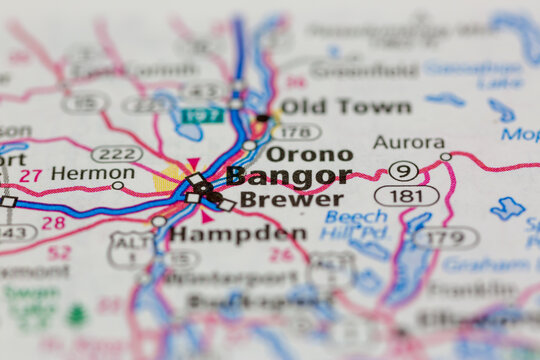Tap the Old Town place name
pos(345,106)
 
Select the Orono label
pos(309,154)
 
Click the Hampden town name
pos(238,233)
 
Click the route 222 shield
pos(116,153)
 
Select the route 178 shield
pos(296,131)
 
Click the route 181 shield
pos(406,195)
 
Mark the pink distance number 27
pos(31,176)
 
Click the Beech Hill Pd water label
pos(355,224)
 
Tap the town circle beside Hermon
pos(118,185)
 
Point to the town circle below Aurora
pos(445,157)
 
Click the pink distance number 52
pos(59,253)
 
